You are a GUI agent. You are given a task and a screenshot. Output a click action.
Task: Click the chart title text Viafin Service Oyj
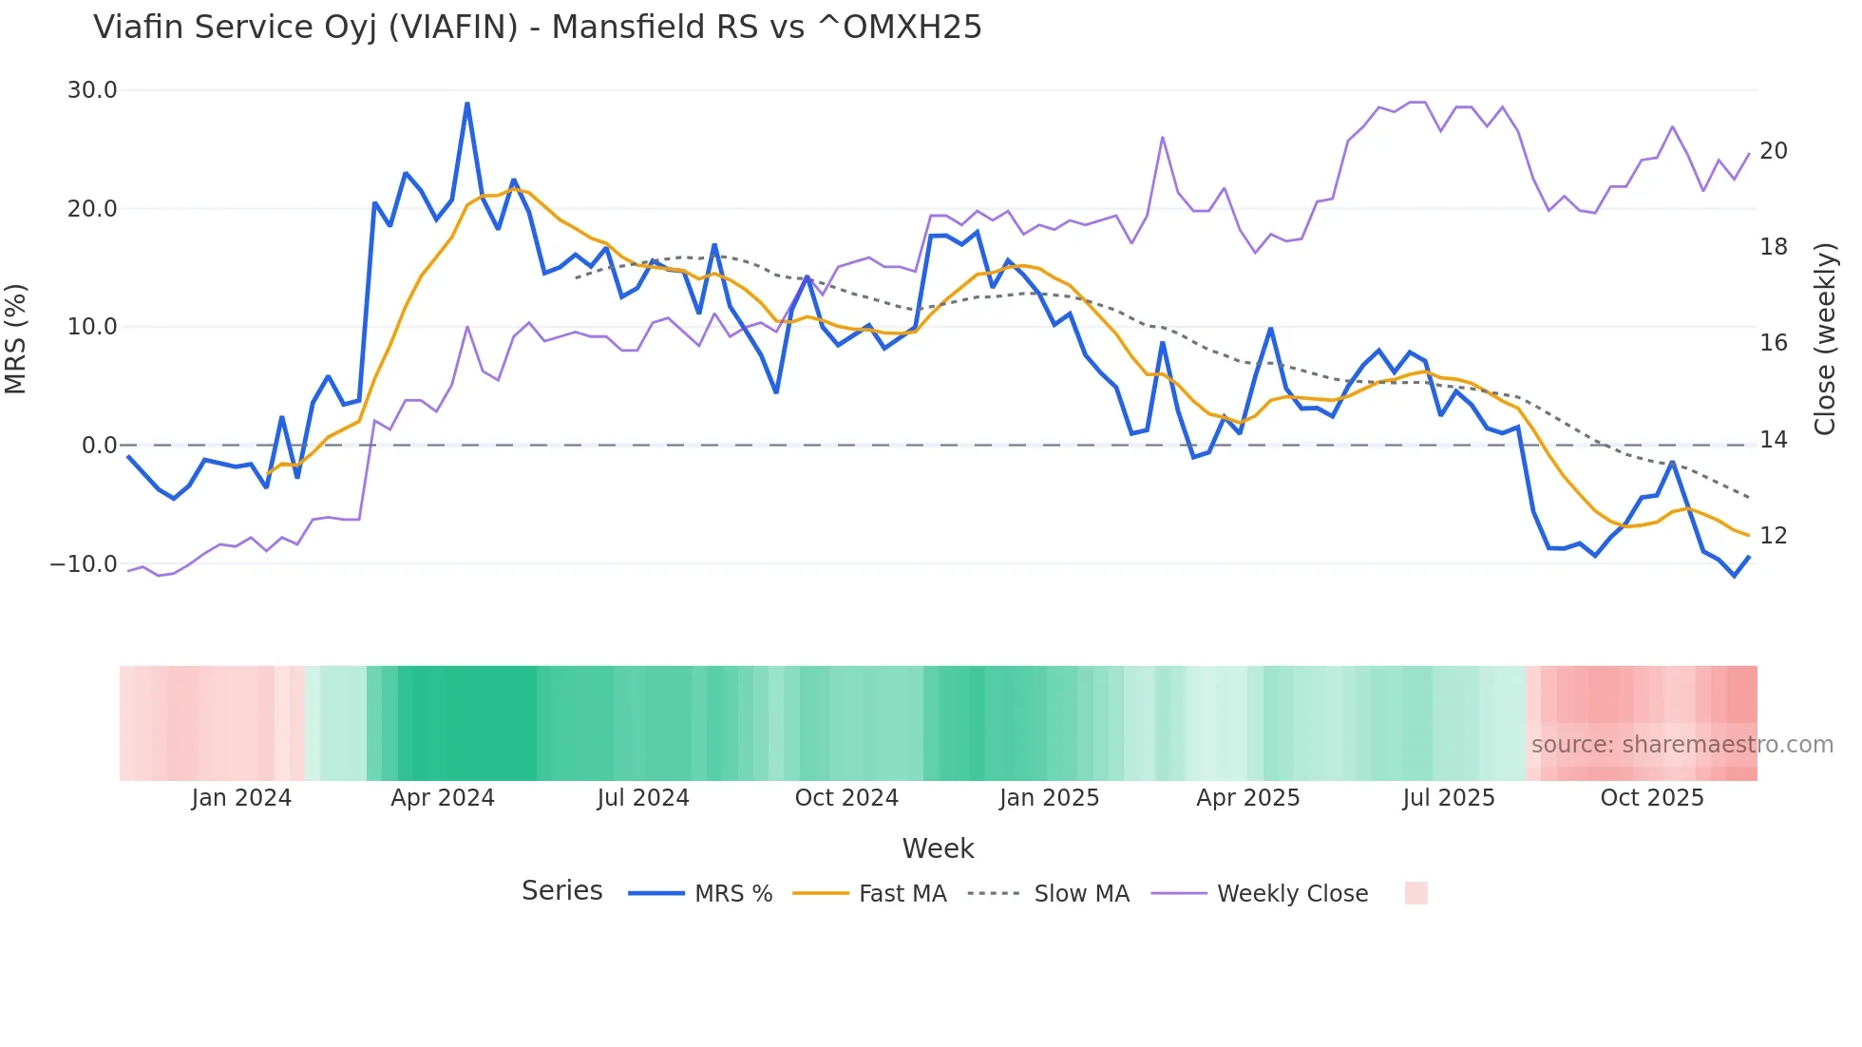tap(537, 28)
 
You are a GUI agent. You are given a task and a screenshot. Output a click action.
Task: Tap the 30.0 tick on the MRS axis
tap(92, 90)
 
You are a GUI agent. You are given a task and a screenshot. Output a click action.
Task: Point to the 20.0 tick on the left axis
tap(92, 209)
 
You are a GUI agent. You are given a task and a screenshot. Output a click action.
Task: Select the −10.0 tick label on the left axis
tap(84, 564)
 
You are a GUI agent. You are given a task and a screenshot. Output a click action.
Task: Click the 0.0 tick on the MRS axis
tap(99, 446)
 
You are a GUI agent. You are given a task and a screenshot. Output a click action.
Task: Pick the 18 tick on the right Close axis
tap(1773, 247)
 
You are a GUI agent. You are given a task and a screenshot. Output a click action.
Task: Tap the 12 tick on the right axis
tap(1773, 536)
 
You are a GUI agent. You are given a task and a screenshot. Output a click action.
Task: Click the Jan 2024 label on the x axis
tap(241, 798)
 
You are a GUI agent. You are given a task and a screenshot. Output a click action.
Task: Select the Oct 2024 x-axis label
tap(846, 798)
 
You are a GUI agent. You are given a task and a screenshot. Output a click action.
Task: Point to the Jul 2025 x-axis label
tap(1449, 798)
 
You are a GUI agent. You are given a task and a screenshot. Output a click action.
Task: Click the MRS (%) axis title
tap(16, 338)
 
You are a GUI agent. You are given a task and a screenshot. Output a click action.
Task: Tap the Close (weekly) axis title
tap(1825, 339)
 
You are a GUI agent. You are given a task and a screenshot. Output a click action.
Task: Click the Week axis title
tap(938, 848)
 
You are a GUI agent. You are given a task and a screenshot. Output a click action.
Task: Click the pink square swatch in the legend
tap(1415, 893)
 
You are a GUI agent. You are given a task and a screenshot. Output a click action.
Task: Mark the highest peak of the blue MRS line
tap(467, 104)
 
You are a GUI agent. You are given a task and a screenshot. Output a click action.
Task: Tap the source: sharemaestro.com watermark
tap(1681, 745)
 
